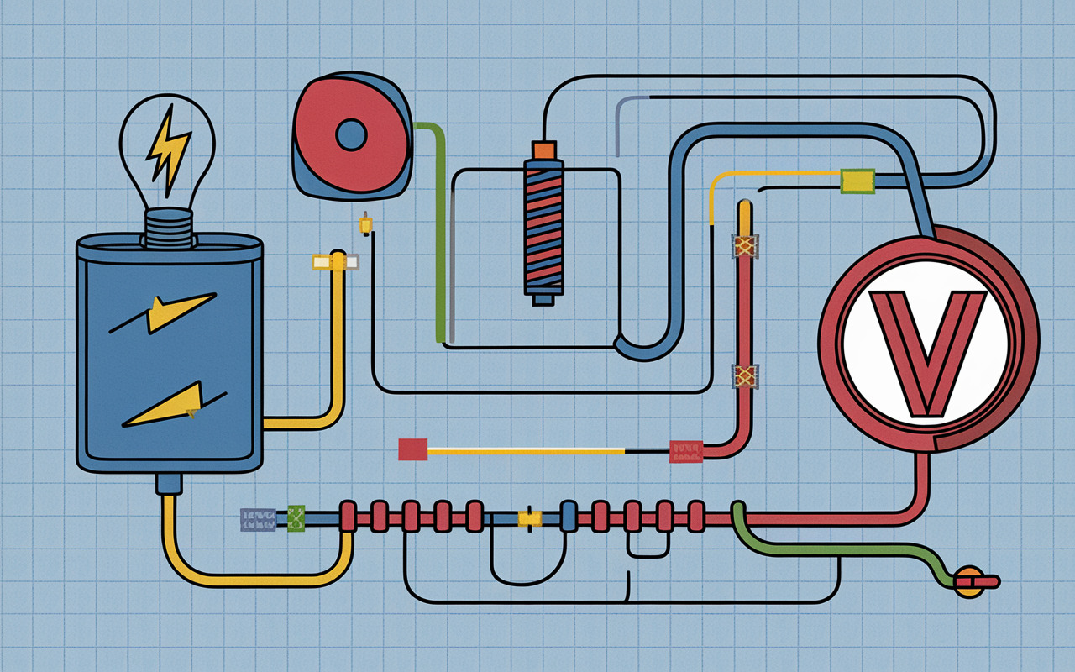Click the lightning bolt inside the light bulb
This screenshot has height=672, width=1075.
point(167,150)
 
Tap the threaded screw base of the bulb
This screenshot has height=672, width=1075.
point(169,228)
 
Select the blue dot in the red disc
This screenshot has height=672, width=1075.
point(351,135)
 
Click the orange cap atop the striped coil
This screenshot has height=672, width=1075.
point(543,150)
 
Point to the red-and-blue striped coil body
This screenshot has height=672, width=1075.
point(543,228)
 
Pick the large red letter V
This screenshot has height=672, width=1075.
point(927,354)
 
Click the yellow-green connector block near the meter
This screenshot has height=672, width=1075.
point(857,181)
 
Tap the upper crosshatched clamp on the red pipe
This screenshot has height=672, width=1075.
point(744,246)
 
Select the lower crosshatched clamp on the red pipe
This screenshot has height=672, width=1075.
point(744,375)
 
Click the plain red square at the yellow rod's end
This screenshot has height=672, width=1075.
point(412,449)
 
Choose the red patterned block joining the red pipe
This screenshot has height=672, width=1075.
point(686,452)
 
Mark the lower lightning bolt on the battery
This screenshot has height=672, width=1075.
point(174,405)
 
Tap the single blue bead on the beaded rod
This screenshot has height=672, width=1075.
point(569,516)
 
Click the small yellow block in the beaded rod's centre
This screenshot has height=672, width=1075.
point(530,518)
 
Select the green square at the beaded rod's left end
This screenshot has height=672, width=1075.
point(296,518)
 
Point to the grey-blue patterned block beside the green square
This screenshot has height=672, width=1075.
point(258,519)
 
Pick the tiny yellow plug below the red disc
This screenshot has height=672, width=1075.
point(365,223)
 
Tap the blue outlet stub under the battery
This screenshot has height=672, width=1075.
point(169,484)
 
